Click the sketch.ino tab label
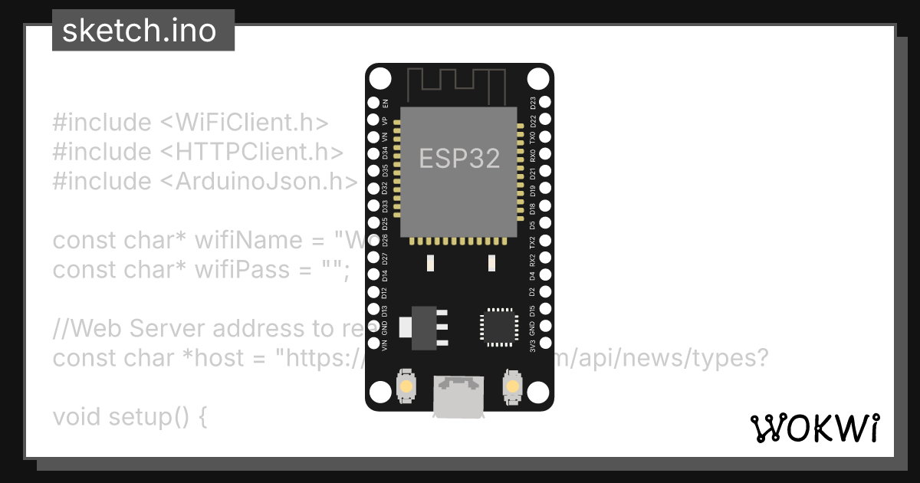[x=139, y=31]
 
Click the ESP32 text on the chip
[x=459, y=158]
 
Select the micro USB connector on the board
[x=459, y=396]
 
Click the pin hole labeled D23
[x=545, y=102]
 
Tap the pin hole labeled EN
[x=373, y=102]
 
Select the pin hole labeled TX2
[x=545, y=240]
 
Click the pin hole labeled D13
[x=373, y=309]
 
